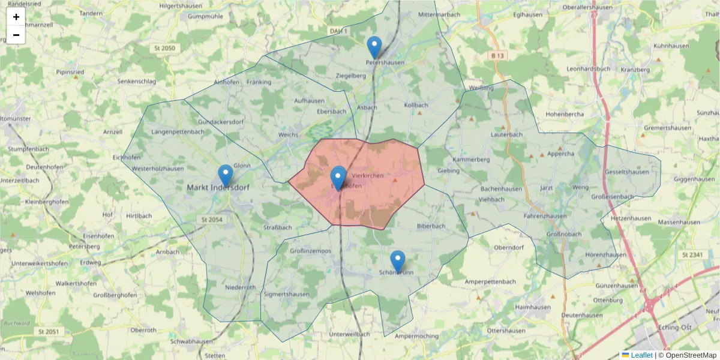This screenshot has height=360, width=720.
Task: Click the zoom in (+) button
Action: (16, 17)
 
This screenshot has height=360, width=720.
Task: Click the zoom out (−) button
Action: (16, 35)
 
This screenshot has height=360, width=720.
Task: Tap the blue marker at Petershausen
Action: (374, 47)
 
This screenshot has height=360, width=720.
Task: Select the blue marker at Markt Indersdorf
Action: (226, 175)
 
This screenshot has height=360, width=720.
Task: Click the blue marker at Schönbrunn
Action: (398, 261)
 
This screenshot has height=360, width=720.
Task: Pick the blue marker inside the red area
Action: (338, 177)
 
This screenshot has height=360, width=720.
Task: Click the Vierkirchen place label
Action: (368, 175)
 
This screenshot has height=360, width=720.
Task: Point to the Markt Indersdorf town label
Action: (217, 187)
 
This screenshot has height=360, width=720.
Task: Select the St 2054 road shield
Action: (211, 220)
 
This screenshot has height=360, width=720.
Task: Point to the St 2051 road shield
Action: (48, 331)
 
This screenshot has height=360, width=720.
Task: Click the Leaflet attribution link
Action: (641, 355)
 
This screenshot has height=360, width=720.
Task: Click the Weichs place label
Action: (289, 135)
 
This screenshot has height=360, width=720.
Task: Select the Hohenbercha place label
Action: (565, 114)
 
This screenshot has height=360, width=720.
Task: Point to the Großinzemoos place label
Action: (310, 250)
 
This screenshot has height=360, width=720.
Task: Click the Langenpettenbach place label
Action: (178, 131)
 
